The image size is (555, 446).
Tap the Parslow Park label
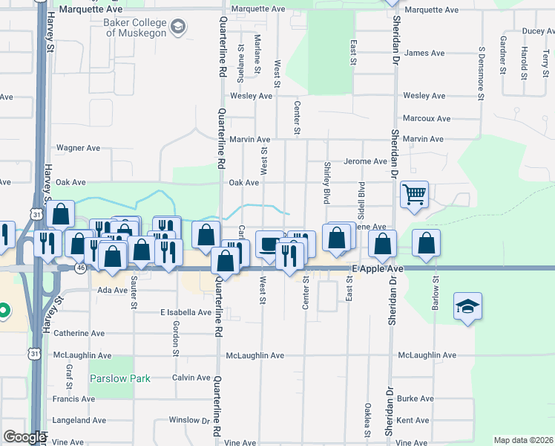click(120, 378)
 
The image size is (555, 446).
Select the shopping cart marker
click(415, 195)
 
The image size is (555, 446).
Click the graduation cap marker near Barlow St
click(467, 307)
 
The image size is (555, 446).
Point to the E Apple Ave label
click(377, 268)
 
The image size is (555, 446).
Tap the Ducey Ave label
click(538, 31)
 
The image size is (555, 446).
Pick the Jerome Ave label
click(364, 161)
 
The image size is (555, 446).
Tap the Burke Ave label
click(415, 398)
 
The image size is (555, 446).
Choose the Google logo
click(24, 437)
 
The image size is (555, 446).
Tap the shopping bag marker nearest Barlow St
click(426, 243)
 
